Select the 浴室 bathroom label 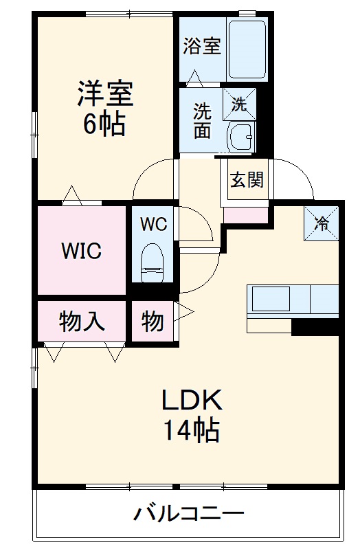tap(201, 47)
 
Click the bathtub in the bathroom tap(247, 49)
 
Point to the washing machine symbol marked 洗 tap(240, 104)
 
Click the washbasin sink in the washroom tap(240, 137)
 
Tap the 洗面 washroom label tap(201, 120)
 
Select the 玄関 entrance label tap(246, 180)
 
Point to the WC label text tap(154, 223)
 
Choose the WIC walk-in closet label tap(82, 251)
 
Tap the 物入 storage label tap(82, 321)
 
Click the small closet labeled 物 tap(152, 321)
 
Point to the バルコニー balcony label tap(189, 513)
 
